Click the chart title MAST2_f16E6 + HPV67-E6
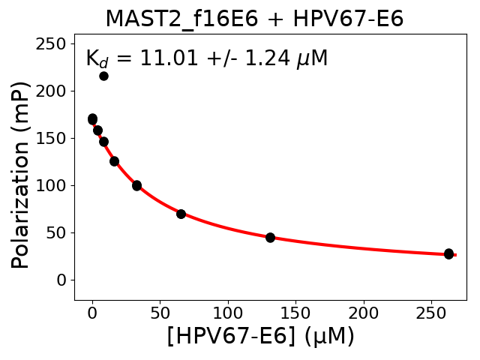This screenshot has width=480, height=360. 254,19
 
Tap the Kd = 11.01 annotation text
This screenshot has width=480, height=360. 206,58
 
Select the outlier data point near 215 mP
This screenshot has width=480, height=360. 103,76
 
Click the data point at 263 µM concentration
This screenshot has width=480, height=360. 448,253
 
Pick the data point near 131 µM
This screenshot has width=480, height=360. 270,237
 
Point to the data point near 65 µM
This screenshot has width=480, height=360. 181,214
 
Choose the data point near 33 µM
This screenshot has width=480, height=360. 136,185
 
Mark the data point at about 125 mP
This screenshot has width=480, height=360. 114,161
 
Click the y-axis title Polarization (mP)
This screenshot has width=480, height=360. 22,174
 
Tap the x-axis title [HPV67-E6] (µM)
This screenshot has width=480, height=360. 260,337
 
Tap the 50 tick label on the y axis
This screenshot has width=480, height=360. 57,233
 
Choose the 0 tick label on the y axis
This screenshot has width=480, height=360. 61,280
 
